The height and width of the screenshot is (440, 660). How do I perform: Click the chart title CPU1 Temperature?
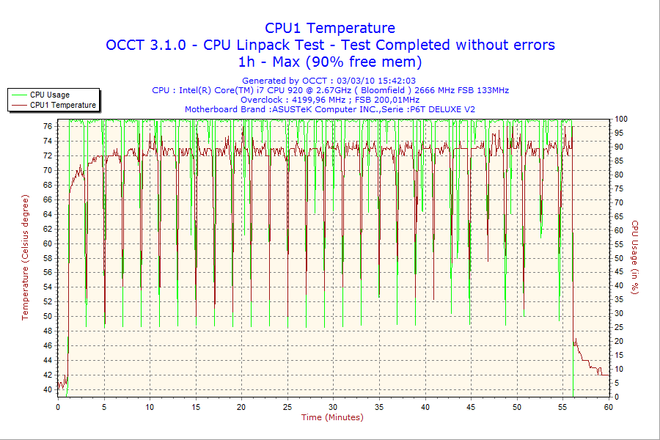coord(330,28)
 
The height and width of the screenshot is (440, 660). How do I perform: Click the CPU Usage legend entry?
coord(50,95)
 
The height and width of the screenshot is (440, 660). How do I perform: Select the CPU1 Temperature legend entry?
coord(62,105)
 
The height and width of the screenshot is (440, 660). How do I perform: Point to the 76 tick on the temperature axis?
coord(47,126)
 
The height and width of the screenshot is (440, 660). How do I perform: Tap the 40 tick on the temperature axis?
coord(47,389)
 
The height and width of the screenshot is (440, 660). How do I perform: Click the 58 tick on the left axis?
coord(47,258)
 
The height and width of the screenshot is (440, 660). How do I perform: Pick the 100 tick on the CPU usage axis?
coord(621,119)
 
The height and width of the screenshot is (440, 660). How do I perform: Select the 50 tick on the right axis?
coord(619,258)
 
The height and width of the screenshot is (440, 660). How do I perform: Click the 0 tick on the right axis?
coord(617,397)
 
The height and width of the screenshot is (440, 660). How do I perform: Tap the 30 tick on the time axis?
coord(333,406)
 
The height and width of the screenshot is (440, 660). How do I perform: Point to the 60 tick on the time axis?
coord(608,406)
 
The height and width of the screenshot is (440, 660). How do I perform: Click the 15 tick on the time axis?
coord(196,406)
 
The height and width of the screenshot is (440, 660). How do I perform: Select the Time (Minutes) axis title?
coord(332,417)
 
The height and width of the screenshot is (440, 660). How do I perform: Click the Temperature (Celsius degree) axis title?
coord(25,257)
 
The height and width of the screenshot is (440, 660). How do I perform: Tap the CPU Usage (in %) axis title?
coord(636,257)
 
